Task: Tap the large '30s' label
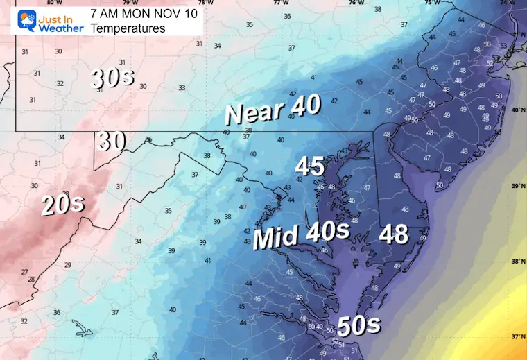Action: click(112, 78)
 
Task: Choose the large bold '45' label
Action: click(310, 166)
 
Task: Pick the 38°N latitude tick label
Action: click(517, 262)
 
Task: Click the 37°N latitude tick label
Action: click(517, 337)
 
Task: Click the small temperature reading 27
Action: click(24, 272)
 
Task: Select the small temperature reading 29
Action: click(67, 265)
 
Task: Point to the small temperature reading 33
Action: click(182, 88)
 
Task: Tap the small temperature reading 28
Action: click(31, 280)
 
